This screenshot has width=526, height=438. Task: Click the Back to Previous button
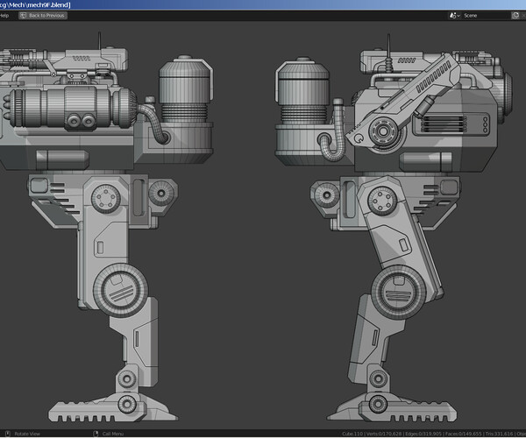43,16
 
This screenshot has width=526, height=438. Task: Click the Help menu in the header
4,16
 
